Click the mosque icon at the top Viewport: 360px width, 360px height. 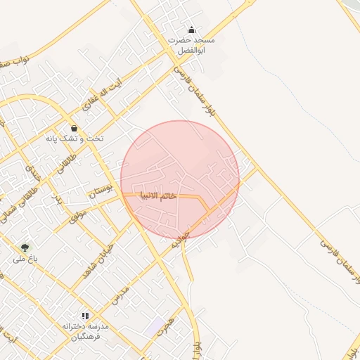click(191, 30)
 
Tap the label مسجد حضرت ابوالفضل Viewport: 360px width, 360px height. click(191, 46)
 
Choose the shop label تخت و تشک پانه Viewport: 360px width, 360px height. click(75, 139)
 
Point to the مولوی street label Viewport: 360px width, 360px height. click(77, 213)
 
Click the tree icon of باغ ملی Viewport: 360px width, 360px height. click(25, 247)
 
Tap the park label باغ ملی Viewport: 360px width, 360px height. click(23, 259)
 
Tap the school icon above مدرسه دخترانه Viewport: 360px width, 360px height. click(86, 316)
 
